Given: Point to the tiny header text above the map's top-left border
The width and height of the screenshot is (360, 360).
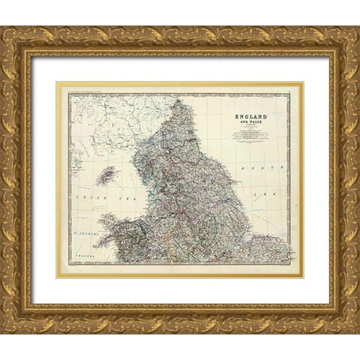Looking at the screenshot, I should pyautogui.click(x=82, y=91).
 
